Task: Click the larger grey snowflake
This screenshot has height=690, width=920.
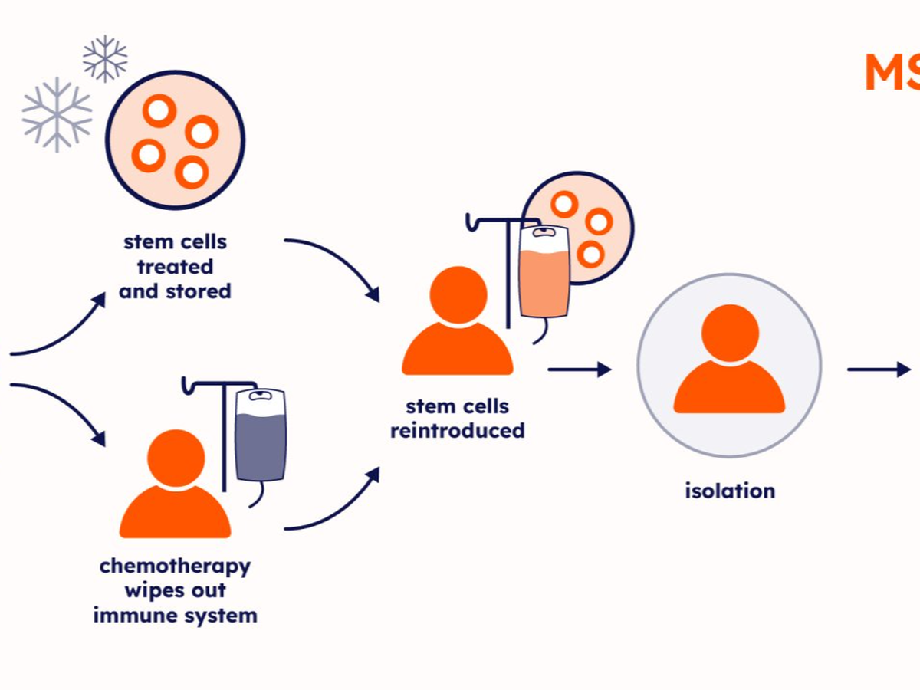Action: pos(57,114)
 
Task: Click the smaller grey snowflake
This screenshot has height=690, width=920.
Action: pos(105,59)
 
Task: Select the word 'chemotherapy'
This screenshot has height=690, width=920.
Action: pos(175,567)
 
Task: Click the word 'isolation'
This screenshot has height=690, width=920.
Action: pos(730,490)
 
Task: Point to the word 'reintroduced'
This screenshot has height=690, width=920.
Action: pos(458,430)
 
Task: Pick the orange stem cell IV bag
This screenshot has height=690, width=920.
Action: pos(544,276)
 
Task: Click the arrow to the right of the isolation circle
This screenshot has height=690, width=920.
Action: pos(879,370)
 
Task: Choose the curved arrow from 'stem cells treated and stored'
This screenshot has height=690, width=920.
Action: pos(334,264)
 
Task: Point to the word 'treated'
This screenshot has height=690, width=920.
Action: pos(175,267)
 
